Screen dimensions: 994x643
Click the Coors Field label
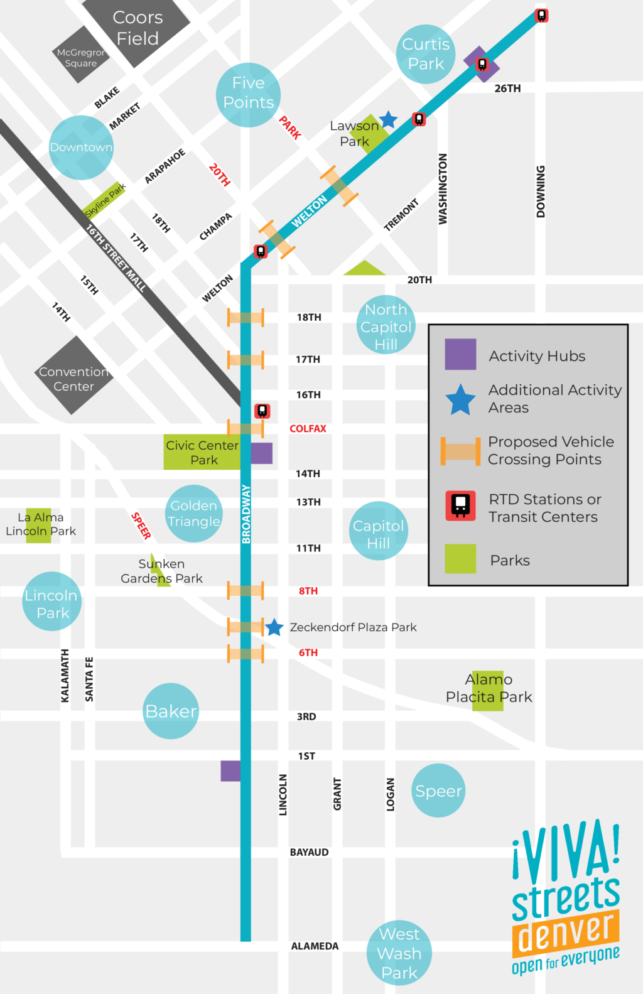pos(138,28)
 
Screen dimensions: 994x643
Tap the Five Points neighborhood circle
pos(248,94)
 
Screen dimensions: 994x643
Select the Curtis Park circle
pos(426,54)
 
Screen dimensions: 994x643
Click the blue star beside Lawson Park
pos(389,119)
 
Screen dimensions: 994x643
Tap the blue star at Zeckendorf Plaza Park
pos(274,627)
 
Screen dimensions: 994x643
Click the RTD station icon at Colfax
pos(262,411)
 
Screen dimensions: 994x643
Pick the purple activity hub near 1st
pos(230,770)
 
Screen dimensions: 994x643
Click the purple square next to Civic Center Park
pos(262,453)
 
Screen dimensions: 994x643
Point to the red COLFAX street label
pos(308,429)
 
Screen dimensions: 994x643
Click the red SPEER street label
pos(141,526)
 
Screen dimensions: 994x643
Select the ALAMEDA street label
pos(315,946)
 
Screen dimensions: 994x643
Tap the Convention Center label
pos(74,379)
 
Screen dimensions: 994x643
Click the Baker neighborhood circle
pos(171,711)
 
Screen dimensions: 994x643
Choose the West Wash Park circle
pos(399,953)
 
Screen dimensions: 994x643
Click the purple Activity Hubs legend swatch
pos(460,354)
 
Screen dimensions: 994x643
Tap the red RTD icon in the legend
pos(461,505)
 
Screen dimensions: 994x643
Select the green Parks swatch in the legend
pos(460,559)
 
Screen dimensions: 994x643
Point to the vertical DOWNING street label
pos(541,192)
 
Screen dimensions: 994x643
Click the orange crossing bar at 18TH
pos(246,318)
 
